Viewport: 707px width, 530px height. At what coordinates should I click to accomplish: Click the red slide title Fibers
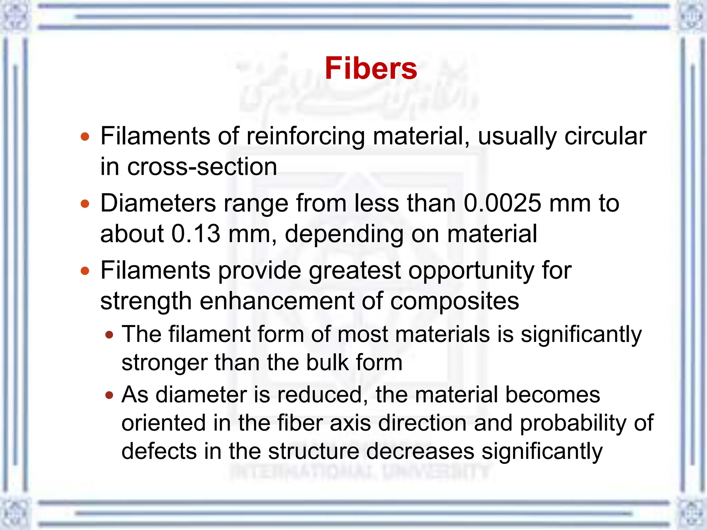[x=371, y=68]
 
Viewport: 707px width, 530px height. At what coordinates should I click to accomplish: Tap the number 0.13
[x=196, y=234]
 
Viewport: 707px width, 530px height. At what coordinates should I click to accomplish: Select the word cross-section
[x=202, y=167]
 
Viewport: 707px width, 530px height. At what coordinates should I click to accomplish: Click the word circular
[x=605, y=136]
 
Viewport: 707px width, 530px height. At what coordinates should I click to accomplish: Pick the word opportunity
[x=471, y=271]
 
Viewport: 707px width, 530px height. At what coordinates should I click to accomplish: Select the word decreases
[x=420, y=451]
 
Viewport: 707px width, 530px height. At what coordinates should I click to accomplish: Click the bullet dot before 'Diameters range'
[x=85, y=204]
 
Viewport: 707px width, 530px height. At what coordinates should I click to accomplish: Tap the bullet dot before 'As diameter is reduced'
[x=109, y=395]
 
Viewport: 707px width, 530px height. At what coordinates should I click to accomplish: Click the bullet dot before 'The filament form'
[x=109, y=335]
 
